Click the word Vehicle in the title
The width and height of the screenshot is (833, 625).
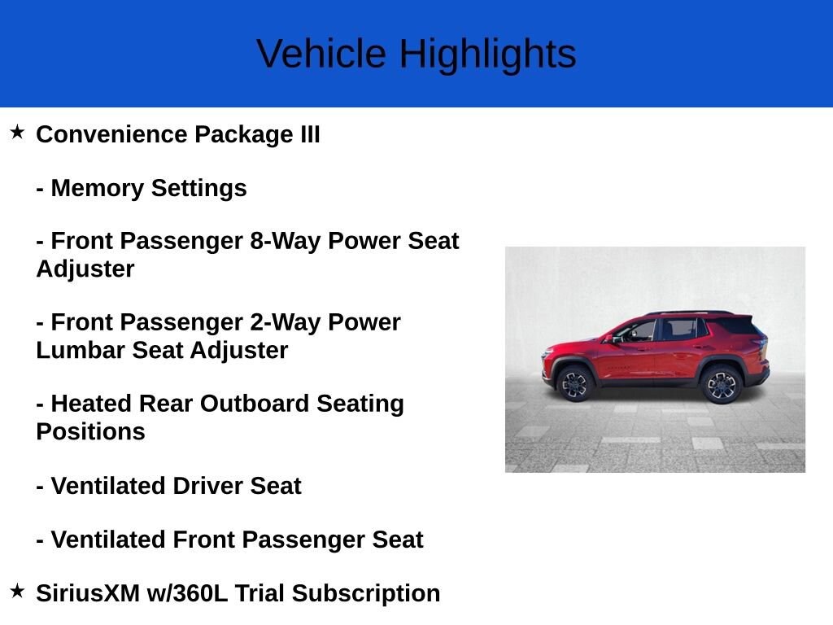(321, 54)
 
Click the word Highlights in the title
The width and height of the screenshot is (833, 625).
(487, 54)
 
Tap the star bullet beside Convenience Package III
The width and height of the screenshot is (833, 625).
(17, 132)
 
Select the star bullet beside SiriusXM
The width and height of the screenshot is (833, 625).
(17, 591)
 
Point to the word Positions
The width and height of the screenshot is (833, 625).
(90, 431)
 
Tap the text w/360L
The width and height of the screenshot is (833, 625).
(186, 593)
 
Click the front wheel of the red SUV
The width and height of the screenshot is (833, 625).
(576, 382)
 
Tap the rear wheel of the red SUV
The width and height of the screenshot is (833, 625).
(721, 384)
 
